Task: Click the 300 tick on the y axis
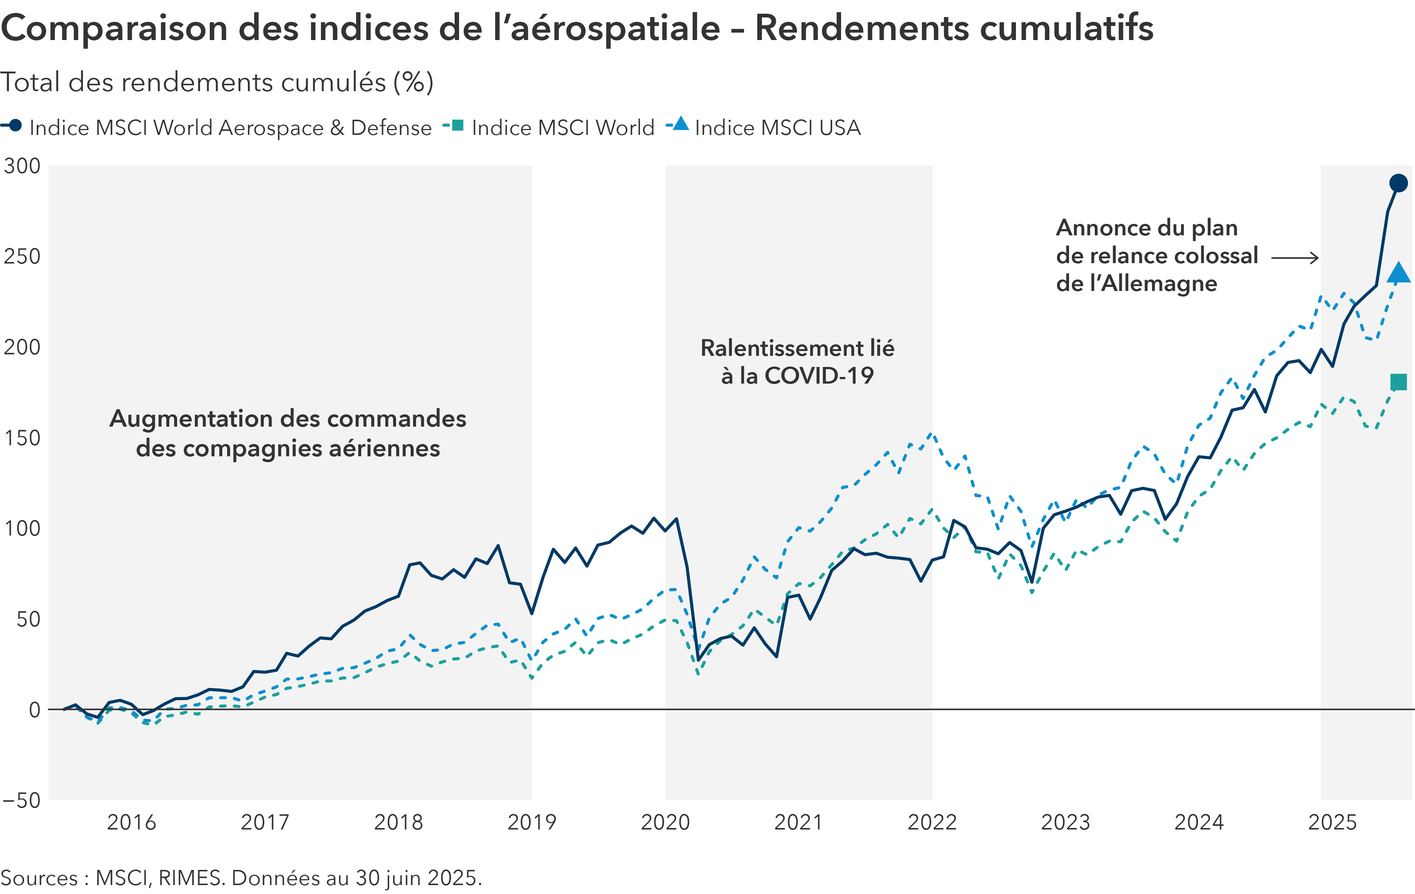point(22,166)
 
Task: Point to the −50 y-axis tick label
point(22,801)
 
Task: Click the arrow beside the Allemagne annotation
point(1295,258)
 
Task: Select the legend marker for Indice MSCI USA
point(681,125)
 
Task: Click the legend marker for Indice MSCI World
point(457,125)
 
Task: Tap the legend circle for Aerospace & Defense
point(15,125)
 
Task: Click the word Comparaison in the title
point(114,28)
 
